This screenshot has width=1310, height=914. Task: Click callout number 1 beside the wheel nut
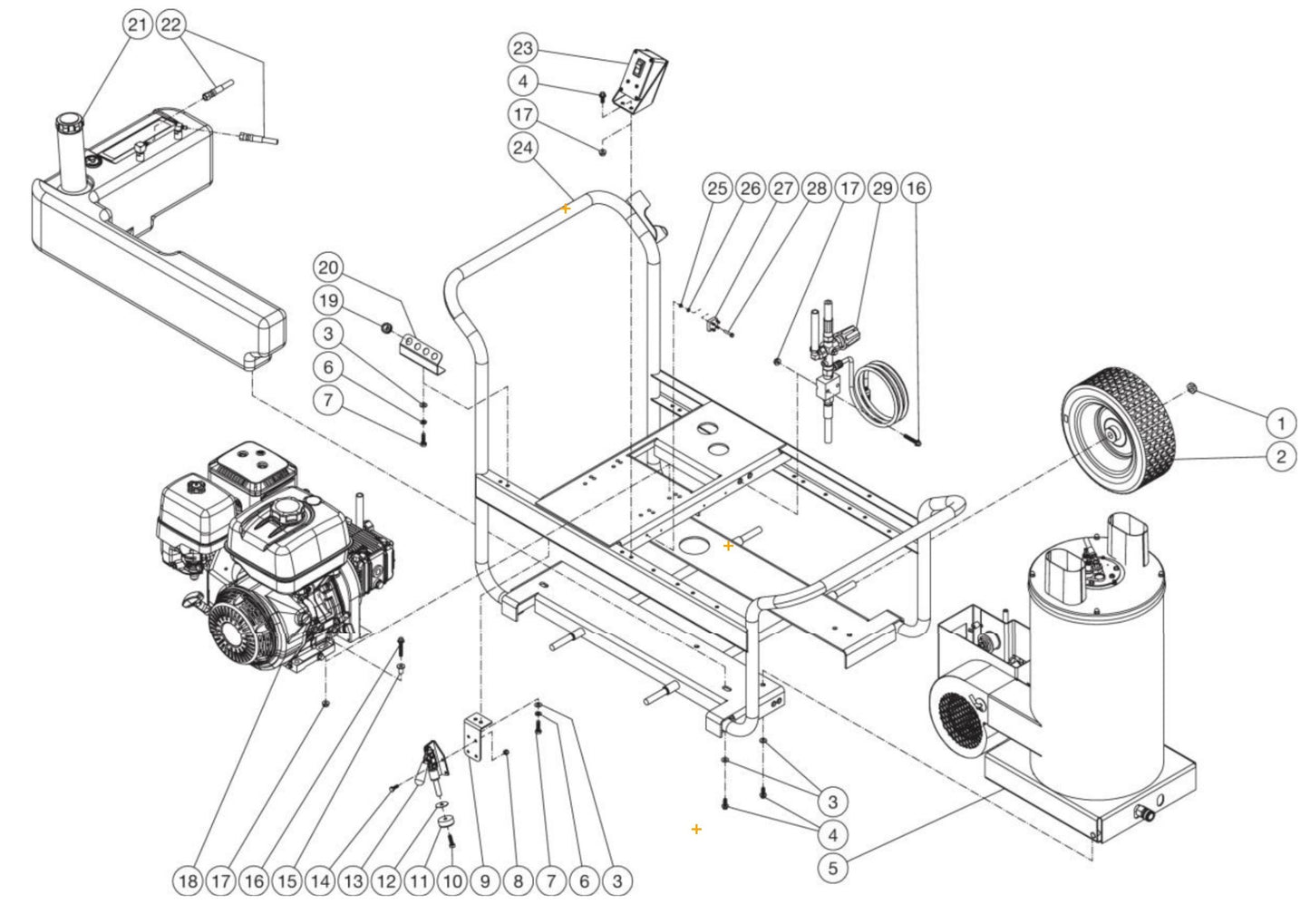[1280, 423]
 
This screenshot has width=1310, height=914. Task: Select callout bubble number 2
[1280, 456]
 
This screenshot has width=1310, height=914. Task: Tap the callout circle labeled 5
[833, 868]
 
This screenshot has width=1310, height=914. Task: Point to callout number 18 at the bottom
[188, 880]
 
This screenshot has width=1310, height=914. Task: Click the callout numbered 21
[137, 25]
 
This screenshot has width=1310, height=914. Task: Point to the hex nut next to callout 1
[1194, 390]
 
